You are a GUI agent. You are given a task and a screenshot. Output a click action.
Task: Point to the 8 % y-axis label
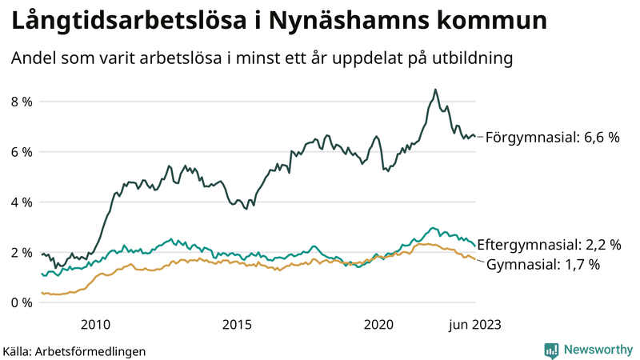[22, 102]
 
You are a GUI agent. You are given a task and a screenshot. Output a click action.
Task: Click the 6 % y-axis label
[22, 152]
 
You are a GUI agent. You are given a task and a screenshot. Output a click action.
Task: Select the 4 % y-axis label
[22, 202]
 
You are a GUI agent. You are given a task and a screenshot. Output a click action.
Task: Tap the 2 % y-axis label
[22, 253]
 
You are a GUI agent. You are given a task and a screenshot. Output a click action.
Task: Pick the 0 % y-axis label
[22, 303]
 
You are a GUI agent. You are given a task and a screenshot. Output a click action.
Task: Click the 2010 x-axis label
[95, 324]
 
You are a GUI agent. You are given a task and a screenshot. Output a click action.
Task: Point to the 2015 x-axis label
[238, 324]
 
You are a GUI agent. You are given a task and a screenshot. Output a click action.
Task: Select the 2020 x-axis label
[379, 324]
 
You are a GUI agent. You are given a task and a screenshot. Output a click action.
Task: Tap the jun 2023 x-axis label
[475, 324]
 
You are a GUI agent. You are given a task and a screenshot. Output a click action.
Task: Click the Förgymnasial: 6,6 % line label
[553, 138]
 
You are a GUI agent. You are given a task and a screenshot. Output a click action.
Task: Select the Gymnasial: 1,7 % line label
[543, 265]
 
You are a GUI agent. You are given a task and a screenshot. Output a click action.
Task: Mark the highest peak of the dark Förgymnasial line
[435, 90]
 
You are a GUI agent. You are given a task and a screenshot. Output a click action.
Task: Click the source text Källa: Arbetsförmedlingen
[74, 350]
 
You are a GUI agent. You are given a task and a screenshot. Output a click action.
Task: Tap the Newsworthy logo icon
[551, 350]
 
